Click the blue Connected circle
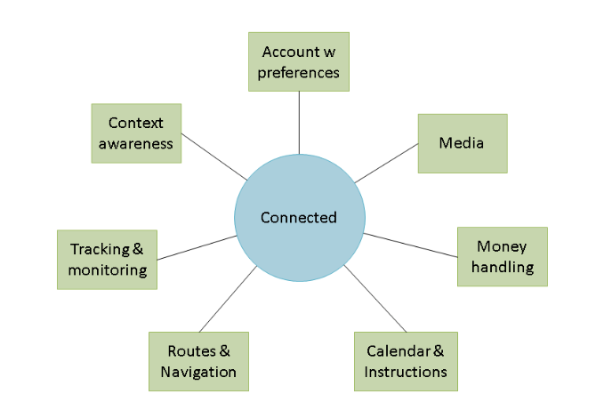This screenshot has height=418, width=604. point(299,218)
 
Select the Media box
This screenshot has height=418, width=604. point(463,143)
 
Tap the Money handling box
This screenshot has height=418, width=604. point(502,256)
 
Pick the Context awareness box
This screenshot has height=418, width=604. point(136,133)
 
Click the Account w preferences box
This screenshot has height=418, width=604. point(299,61)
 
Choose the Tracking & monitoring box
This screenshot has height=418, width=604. point(108,259)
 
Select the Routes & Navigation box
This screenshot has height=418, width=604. point(198,361)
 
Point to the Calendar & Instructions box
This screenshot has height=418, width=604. point(406,361)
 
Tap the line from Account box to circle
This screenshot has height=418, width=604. point(299,122)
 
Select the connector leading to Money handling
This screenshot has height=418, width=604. point(410,245)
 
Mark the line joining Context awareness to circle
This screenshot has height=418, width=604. point(214,162)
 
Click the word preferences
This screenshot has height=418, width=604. point(299,72)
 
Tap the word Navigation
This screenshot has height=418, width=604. point(198,372)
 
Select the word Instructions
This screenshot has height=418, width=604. point(406,372)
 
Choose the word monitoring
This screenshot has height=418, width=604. point(108,269)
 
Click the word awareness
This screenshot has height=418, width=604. point(136,143)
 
